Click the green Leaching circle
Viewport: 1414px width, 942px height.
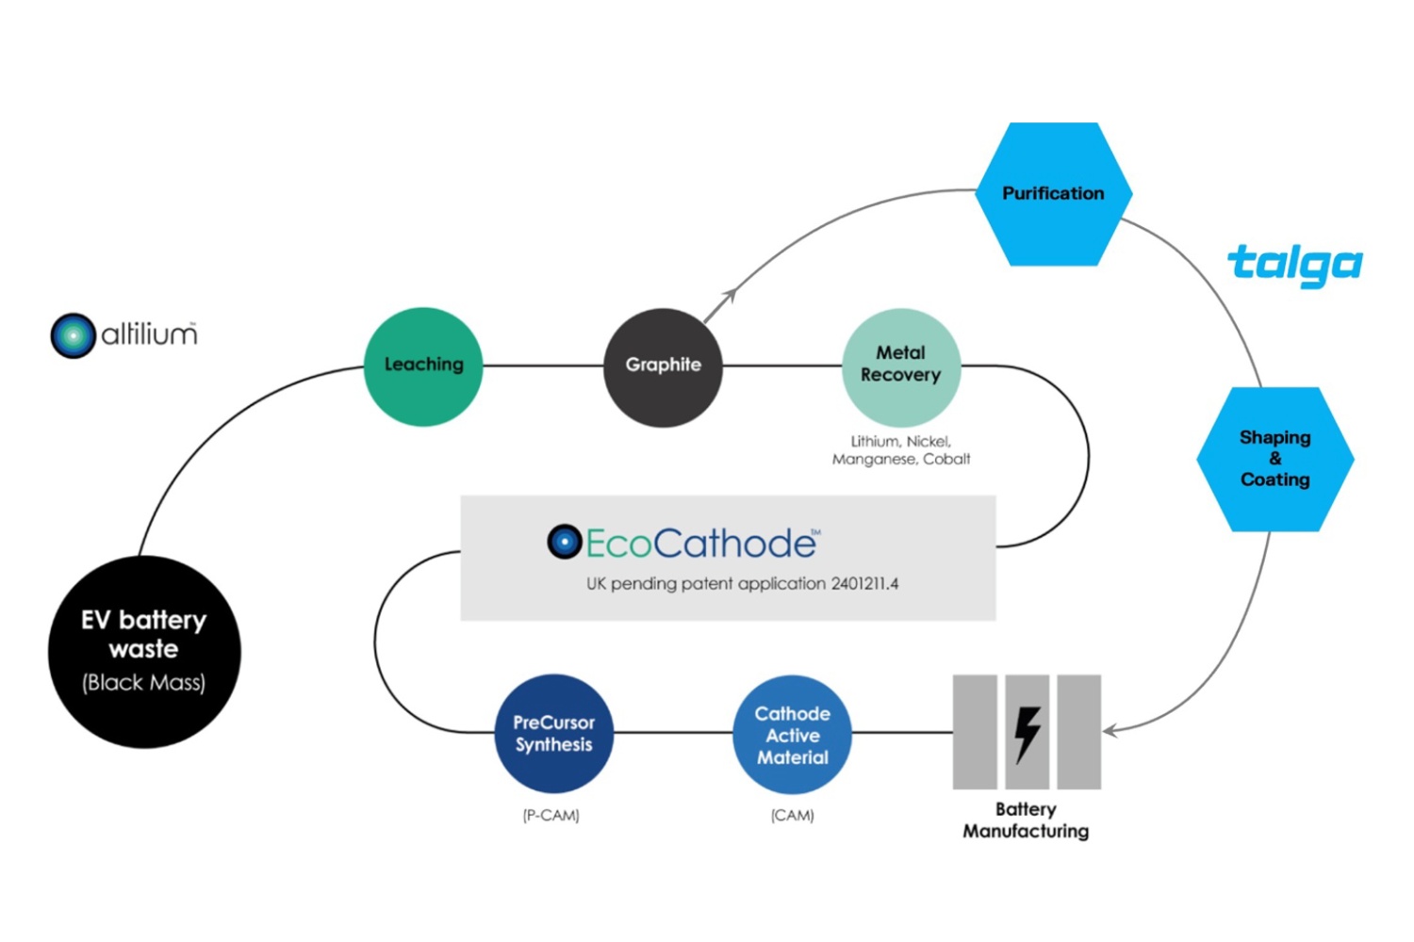(x=423, y=365)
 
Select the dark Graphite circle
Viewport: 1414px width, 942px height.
(x=663, y=366)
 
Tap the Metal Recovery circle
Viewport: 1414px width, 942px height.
(x=900, y=366)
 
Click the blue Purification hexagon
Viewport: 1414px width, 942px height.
(x=1053, y=194)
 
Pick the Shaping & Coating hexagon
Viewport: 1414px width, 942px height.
(x=1274, y=459)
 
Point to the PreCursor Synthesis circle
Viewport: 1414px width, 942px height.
(x=553, y=733)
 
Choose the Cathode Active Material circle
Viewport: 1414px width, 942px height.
(x=792, y=735)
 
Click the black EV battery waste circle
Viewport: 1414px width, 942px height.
(x=144, y=652)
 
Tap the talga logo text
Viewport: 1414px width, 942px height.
(x=1295, y=265)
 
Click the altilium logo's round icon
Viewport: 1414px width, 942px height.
(x=73, y=335)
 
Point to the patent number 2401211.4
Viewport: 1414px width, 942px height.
(x=864, y=584)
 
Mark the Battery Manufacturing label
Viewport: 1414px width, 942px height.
(x=1026, y=820)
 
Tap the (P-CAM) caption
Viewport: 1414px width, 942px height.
(x=551, y=816)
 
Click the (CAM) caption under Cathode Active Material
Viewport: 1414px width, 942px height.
(x=792, y=816)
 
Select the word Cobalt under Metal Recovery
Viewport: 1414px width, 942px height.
(x=946, y=460)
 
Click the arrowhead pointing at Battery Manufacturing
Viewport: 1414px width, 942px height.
(x=1110, y=730)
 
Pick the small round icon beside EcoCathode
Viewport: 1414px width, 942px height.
(x=564, y=542)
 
